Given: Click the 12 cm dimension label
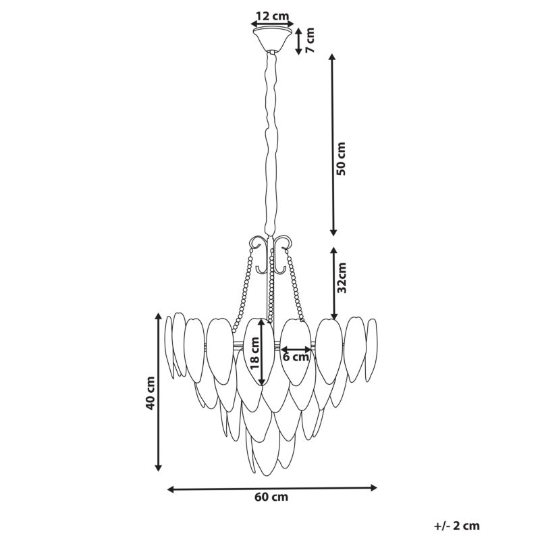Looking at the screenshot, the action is click(x=273, y=16).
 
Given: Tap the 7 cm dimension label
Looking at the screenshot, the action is click(x=310, y=40).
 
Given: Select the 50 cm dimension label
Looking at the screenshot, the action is click(x=341, y=159).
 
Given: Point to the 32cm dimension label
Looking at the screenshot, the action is click(x=342, y=277).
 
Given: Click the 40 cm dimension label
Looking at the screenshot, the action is click(x=150, y=393).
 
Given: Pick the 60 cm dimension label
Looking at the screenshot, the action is click(x=271, y=497).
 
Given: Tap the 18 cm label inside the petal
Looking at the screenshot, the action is click(x=254, y=353).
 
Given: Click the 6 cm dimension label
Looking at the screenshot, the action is click(x=296, y=357).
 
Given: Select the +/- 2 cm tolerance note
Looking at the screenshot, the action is click(x=457, y=526).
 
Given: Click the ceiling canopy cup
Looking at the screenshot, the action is click(x=272, y=38).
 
